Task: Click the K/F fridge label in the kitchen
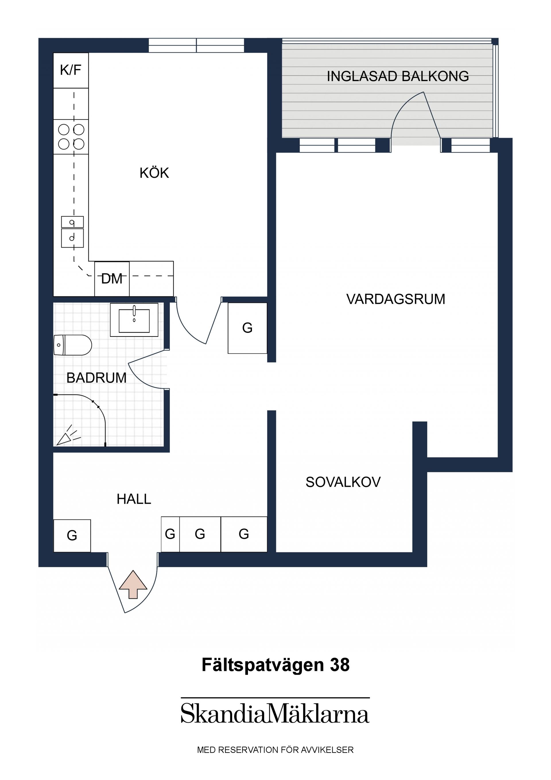(x=71, y=70)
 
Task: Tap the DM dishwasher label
(x=112, y=279)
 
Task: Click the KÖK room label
(x=154, y=173)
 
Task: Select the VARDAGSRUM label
(x=395, y=299)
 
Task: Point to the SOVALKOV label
(x=343, y=482)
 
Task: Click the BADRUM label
(x=96, y=378)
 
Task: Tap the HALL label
(x=134, y=499)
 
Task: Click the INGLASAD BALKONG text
(x=397, y=76)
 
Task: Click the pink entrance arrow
(x=133, y=584)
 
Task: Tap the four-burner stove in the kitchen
(x=71, y=137)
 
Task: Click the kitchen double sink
(x=72, y=232)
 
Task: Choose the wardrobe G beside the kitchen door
(x=247, y=328)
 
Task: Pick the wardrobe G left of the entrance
(x=72, y=535)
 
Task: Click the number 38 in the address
(x=339, y=665)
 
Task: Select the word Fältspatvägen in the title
(x=263, y=665)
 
